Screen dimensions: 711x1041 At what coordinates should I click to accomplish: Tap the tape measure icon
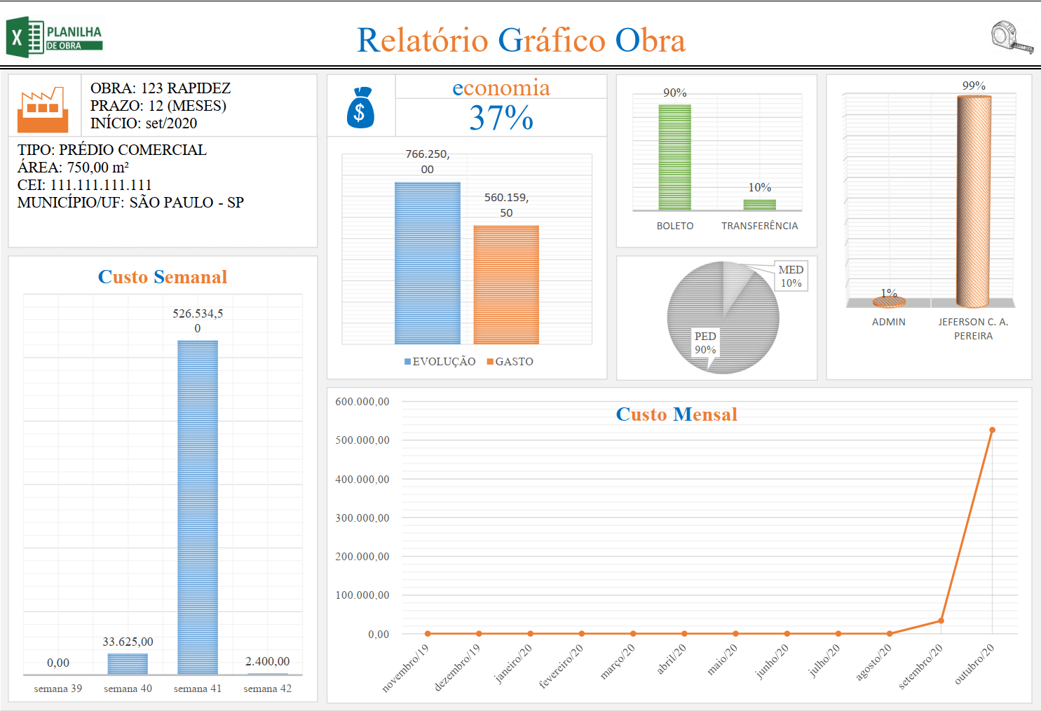[x=1012, y=37]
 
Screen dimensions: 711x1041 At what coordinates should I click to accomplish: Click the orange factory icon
[x=43, y=111]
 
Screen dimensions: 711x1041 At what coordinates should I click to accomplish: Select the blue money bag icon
[x=360, y=108]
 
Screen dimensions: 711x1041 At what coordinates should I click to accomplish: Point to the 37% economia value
[x=501, y=118]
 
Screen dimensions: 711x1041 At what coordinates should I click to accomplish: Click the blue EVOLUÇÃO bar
[x=427, y=263]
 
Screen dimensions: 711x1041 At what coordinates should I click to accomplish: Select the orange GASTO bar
[x=506, y=285]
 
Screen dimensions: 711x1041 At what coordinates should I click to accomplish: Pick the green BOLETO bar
[x=674, y=157]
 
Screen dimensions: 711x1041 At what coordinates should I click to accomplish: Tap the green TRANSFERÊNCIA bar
[x=759, y=205]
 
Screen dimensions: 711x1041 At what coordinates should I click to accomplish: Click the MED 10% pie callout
[x=791, y=276]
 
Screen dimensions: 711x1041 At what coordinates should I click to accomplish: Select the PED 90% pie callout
[x=705, y=343]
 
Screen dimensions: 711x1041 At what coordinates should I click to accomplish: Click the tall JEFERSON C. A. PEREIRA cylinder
[x=974, y=202]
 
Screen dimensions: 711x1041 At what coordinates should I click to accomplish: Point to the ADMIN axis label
[x=888, y=322]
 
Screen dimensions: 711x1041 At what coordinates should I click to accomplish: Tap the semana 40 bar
[x=128, y=663]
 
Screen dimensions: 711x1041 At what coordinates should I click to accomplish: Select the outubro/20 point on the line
[x=992, y=430]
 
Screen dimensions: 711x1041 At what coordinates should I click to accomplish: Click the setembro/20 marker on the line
[x=941, y=621]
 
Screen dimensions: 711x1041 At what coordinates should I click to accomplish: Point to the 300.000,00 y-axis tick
[x=362, y=518]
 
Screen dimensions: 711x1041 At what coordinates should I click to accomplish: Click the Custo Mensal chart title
[x=676, y=414]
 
